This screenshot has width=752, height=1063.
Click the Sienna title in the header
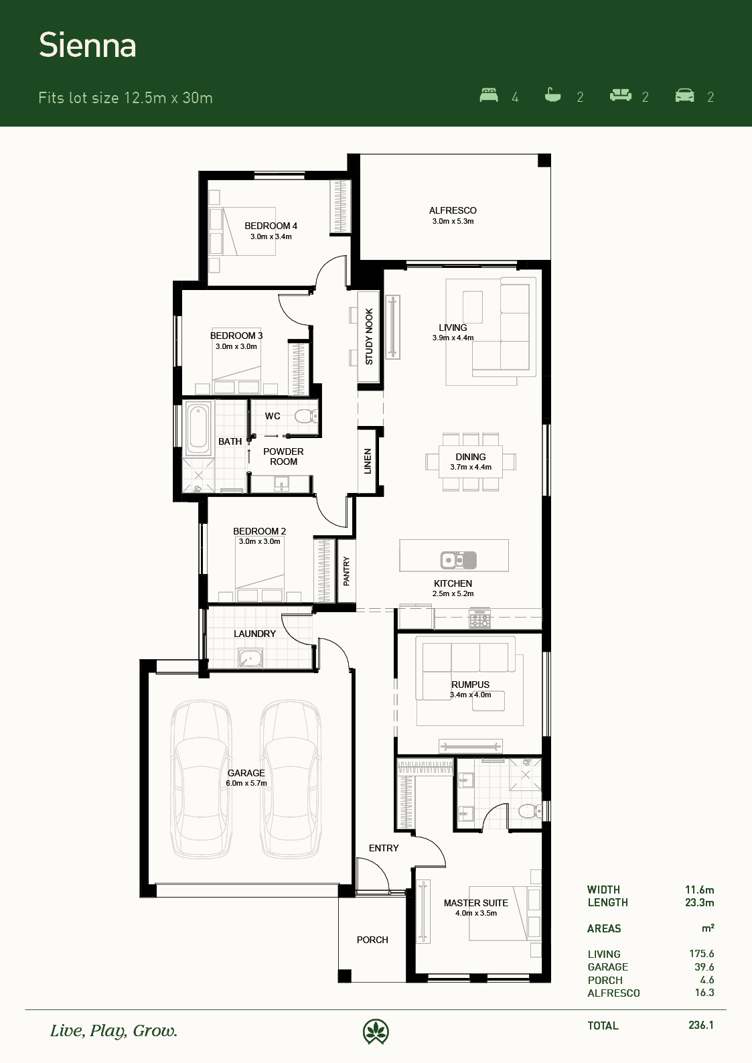click(x=88, y=46)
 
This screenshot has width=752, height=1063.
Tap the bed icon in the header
click(x=489, y=95)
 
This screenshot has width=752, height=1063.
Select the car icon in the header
click(x=684, y=95)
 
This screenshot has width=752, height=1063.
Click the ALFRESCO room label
click(x=453, y=210)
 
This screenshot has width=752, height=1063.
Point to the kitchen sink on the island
click(x=458, y=560)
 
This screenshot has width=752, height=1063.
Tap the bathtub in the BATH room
click(x=198, y=429)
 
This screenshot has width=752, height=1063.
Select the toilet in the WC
click(x=305, y=416)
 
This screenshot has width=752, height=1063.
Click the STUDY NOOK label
click(x=369, y=336)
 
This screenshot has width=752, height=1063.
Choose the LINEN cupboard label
click(x=368, y=461)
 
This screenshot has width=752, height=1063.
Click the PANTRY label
click(x=346, y=571)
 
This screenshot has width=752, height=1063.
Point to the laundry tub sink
click(x=250, y=658)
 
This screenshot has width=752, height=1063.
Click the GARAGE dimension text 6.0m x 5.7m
click(x=246, y=783)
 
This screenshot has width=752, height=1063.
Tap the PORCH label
click(x=372, y=940)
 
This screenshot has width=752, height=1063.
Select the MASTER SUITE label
click(x=476, y=903)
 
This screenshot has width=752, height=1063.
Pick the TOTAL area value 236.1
click(x=700, y=1025)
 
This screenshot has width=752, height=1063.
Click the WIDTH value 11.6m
click(x=699, y=890)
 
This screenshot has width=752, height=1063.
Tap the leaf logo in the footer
click(x=376, y=1032)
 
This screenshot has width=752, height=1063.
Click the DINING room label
click(x=471, y=457)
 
